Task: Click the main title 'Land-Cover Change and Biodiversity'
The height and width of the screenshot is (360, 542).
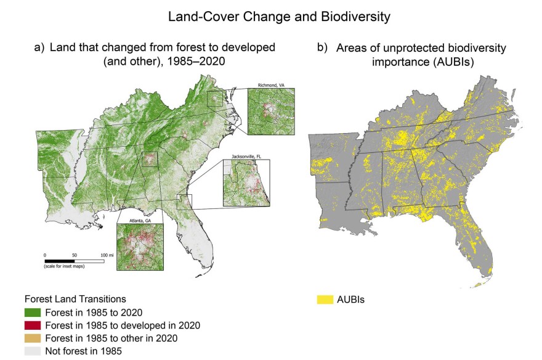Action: [279, 17]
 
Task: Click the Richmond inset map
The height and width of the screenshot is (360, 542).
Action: [270, 111]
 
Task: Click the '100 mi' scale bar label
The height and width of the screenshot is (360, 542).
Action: [107, 255]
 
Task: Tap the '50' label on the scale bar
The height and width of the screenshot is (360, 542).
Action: [75, 255]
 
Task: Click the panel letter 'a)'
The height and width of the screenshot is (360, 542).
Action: [39, 47]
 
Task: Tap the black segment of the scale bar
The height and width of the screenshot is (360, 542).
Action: [59, 261]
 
